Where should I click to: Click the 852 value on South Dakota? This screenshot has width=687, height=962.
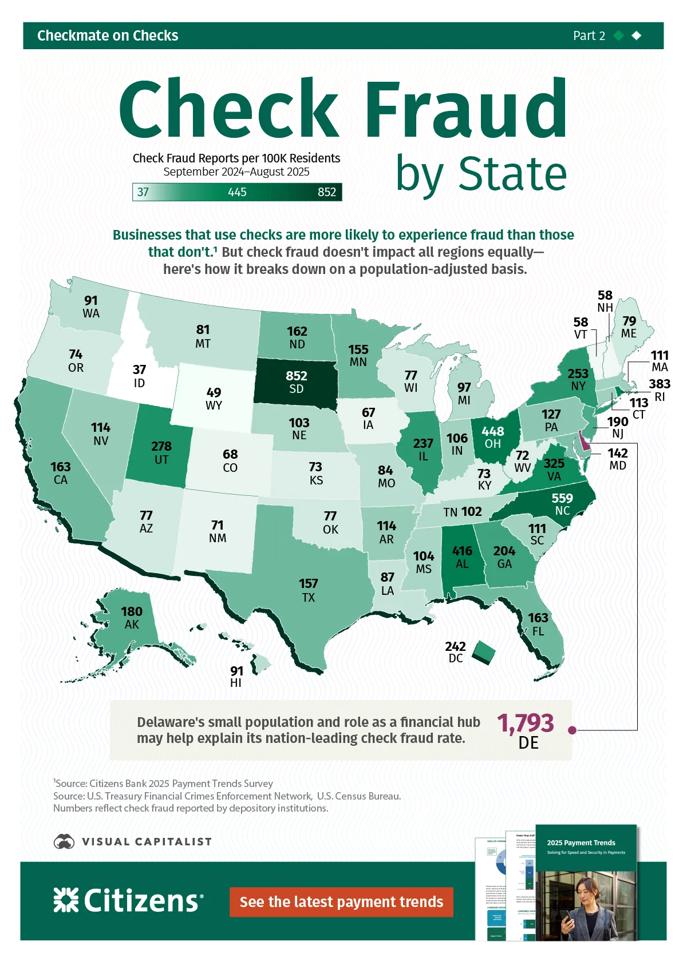point(297,376)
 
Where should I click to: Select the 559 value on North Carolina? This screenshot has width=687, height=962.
point(562,498)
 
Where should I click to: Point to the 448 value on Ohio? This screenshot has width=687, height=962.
point(492,431)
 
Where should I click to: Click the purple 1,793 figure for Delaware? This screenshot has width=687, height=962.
point(526,723)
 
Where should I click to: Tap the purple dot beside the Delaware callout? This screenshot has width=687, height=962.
point(571,730)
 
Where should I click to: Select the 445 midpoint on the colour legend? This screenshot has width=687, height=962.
point(237,192)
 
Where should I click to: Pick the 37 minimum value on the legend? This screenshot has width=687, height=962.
point(143,192)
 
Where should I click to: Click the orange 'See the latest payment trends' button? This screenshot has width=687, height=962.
point(341,902)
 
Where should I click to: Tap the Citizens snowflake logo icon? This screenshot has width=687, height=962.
point(66,900)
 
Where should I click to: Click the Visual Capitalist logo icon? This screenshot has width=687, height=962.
point(64,841)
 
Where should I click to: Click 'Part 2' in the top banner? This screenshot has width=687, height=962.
point(589,35)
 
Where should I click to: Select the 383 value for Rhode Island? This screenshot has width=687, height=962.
point(659,384)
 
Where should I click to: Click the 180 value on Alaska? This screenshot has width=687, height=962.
point(132,611)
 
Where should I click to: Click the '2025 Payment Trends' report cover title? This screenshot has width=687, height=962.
point(581,842)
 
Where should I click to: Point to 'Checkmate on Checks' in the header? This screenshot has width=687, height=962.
point(108,35)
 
